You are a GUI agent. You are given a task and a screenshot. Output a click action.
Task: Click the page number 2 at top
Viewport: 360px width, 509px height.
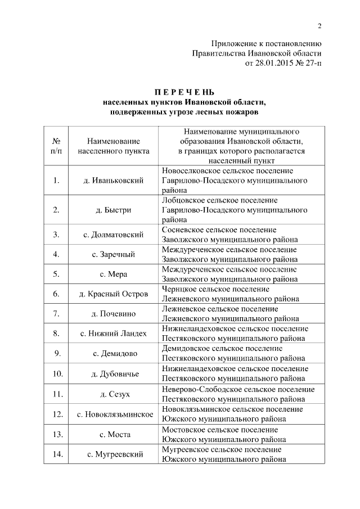pyautogui.click(x=319, y=25)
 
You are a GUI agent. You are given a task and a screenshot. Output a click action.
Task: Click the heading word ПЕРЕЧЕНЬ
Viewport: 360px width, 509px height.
pyautogui.click(x=184, y=92)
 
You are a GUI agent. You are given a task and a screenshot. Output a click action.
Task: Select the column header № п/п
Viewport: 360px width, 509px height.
pyautogui.click(x=56, y=146)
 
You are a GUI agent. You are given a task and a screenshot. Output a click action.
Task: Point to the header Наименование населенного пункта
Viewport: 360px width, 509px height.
pyautogui.click(x=114, y=146)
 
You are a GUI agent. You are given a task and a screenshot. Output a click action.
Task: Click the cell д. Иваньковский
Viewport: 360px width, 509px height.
pyautogui.click(x=114, y=180)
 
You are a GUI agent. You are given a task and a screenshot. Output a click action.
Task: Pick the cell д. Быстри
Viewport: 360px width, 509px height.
pyautogui.click(x=114, y=210)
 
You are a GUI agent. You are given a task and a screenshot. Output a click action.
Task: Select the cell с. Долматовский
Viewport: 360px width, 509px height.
pyautogui.click(x=114, y=234)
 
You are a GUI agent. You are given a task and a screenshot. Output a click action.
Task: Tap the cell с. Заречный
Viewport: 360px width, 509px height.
pyautogui.click(x=114, y=254)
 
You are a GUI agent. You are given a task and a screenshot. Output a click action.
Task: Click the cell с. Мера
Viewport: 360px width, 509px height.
pyautogui.click(x=114, y=274)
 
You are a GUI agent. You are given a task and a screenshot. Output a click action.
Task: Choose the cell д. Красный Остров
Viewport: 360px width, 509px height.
pyautogui.click(x=114, y=294)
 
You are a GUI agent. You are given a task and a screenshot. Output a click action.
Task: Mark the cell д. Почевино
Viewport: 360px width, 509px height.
pyautogui.click(x=114, y=314)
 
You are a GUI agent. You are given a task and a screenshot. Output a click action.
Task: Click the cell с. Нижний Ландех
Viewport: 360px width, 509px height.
pyautogui.click(x=114, y=334)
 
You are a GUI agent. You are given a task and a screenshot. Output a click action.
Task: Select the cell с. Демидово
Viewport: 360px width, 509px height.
pyautogui.click(x=114, y=353)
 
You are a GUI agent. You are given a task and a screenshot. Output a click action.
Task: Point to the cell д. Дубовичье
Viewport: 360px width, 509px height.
pyautogui.click(x=114, y=373)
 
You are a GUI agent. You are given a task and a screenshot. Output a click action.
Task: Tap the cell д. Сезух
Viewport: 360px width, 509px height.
pyautogui.click(x=114, y=394)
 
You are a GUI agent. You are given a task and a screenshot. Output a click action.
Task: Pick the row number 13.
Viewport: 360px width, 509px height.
pyautogui.click(x=56, y=434)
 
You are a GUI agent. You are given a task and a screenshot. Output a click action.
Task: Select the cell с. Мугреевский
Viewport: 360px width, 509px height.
pyautogui.click(x=114, y=454)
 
